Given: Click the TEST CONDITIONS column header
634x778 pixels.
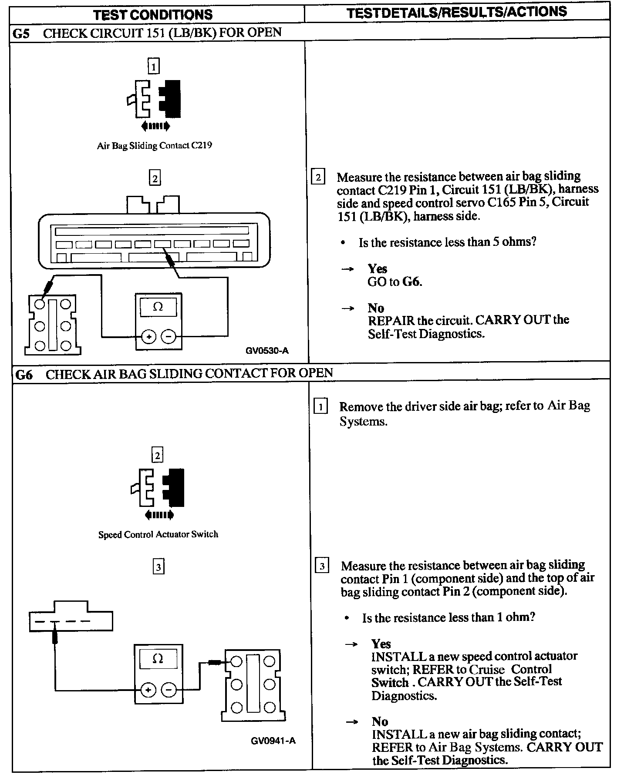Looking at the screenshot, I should click(153, 15).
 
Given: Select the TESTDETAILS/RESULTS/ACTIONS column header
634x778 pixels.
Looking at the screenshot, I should click(457, 12).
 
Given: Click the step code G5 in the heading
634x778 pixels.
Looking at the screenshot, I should click(21, 34).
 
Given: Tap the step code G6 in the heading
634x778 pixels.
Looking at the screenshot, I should click(24, 375).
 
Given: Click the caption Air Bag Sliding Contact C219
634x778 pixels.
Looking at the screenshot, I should click(154, 145).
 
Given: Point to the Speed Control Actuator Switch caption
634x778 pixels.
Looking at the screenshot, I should click(158, 534).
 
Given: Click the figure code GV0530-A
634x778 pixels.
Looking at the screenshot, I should click(267, 350).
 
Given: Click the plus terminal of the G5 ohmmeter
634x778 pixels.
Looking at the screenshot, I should click(149, 336).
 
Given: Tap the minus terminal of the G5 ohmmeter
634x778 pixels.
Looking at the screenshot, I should click(169, 336).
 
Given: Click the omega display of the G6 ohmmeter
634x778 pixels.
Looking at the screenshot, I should click(158, 659).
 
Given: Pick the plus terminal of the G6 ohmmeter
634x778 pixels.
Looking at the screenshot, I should click(148, 690).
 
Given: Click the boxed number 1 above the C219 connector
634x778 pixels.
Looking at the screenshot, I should click(154, 67).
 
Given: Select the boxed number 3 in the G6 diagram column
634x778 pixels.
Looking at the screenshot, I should click(158, 567).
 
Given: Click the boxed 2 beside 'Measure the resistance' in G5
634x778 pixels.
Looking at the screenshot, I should click(318, 177).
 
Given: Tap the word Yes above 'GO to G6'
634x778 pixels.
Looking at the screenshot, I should click(377, 268).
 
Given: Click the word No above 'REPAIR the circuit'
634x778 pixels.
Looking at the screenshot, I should click(376, 308).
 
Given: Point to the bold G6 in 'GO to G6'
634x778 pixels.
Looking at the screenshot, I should click(411, 282).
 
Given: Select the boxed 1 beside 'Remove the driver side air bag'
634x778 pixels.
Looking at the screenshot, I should click(321, 407).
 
